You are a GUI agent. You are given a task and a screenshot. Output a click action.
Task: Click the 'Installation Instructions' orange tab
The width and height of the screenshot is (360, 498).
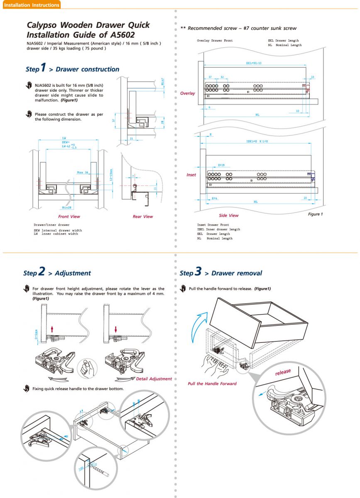[31, 5]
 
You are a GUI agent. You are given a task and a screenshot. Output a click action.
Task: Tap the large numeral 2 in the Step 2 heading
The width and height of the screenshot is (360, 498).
[42, 272]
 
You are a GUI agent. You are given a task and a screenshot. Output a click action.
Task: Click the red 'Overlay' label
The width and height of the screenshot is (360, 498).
[187, 93]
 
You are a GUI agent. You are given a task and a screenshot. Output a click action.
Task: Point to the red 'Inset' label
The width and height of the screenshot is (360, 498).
[191, 175]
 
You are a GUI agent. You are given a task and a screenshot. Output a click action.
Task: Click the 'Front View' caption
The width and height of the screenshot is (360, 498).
[69, 217]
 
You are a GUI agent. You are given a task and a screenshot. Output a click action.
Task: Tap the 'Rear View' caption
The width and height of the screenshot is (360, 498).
[142, 217]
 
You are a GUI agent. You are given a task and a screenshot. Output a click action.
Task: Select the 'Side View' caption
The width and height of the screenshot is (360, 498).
[229, 216]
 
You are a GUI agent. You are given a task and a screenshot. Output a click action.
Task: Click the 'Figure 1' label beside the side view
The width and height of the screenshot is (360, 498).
[315, 214]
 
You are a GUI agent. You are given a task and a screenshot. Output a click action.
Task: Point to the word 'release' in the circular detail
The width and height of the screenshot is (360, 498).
[283, 372]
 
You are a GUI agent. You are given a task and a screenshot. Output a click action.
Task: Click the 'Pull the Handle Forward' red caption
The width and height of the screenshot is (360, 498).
[212, 384]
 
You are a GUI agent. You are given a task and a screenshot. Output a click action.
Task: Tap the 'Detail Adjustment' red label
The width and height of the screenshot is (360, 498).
[154, 379]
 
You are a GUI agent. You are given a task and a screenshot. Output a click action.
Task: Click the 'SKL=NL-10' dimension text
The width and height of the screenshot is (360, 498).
[254, 63]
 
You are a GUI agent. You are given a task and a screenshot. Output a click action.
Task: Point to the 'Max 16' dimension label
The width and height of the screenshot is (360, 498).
[83, 172]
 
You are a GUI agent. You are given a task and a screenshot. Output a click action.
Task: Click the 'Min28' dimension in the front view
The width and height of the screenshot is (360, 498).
[66, 207]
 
